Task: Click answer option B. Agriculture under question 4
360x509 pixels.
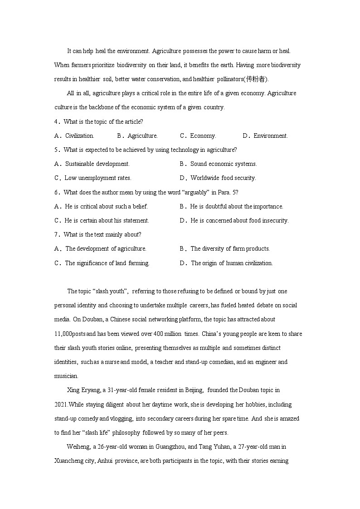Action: tap(137, 136)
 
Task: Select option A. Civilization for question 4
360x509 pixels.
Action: tap(74, 136)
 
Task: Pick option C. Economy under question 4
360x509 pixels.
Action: tap(198, 136)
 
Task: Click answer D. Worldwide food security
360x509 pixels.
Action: tap(218, 178)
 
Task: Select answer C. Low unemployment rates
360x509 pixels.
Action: tap(93, 178)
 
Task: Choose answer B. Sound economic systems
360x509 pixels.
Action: tap(218, 164)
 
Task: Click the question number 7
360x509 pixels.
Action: tap(56, 234)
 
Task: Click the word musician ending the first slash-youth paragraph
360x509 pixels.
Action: tap(66, 376)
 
